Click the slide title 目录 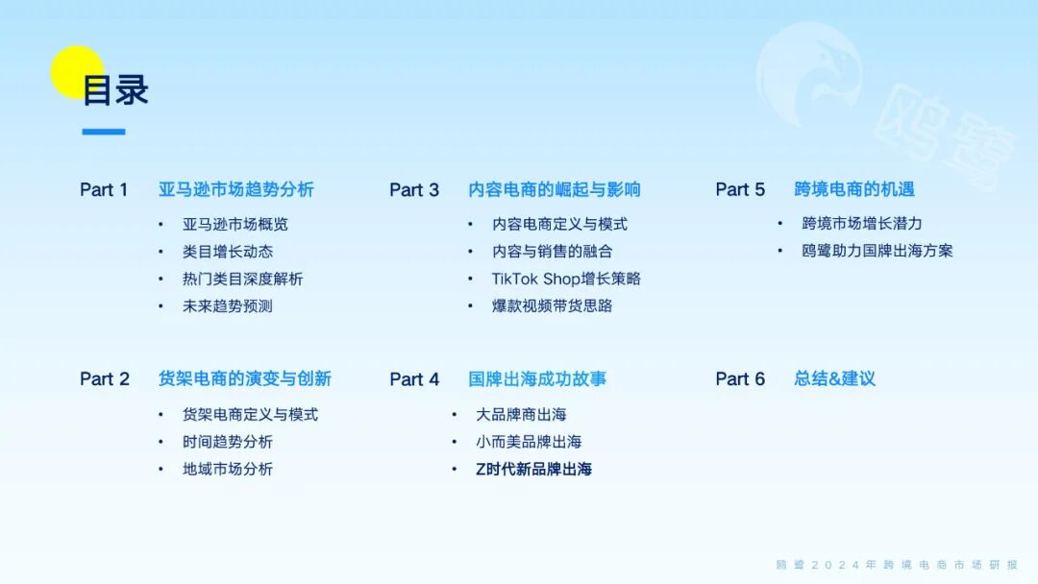(115, 90)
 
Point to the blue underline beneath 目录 (104, 132)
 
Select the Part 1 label (104, 190)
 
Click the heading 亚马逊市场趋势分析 (235, 190)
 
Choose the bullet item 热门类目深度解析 (242, 279)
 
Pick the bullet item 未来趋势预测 (228, 305)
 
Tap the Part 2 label (104, 379)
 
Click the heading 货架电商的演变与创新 (244, 379)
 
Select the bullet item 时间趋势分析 (228, 442)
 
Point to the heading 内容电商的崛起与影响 (555, 190)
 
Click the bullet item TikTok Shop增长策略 (566, 279)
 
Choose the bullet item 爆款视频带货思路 (552, 305)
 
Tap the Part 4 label (414, 379)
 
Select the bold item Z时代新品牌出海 (533, 469)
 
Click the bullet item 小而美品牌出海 (529, 442)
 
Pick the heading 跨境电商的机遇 (854, 190)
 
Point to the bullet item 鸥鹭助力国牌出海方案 (877, 251)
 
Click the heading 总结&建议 (834, 379)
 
